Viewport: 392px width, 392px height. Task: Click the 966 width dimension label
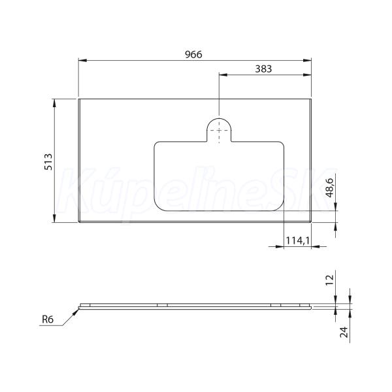tap(193, 54)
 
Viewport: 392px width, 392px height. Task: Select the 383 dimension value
tap(263, 69)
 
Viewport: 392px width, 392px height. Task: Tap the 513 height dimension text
tap(48, 162)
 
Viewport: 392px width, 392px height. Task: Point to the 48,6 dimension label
tap(330, 188)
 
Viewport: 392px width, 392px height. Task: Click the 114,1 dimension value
tap(298, 240)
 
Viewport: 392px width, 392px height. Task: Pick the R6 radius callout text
tap(48, 319)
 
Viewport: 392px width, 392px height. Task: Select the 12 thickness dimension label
tap(330, 280)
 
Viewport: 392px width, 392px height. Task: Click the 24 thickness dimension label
tap(344, 332)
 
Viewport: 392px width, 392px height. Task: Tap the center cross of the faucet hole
tap(220, 130)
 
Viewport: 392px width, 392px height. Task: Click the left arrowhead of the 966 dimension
tap(82, 60)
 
